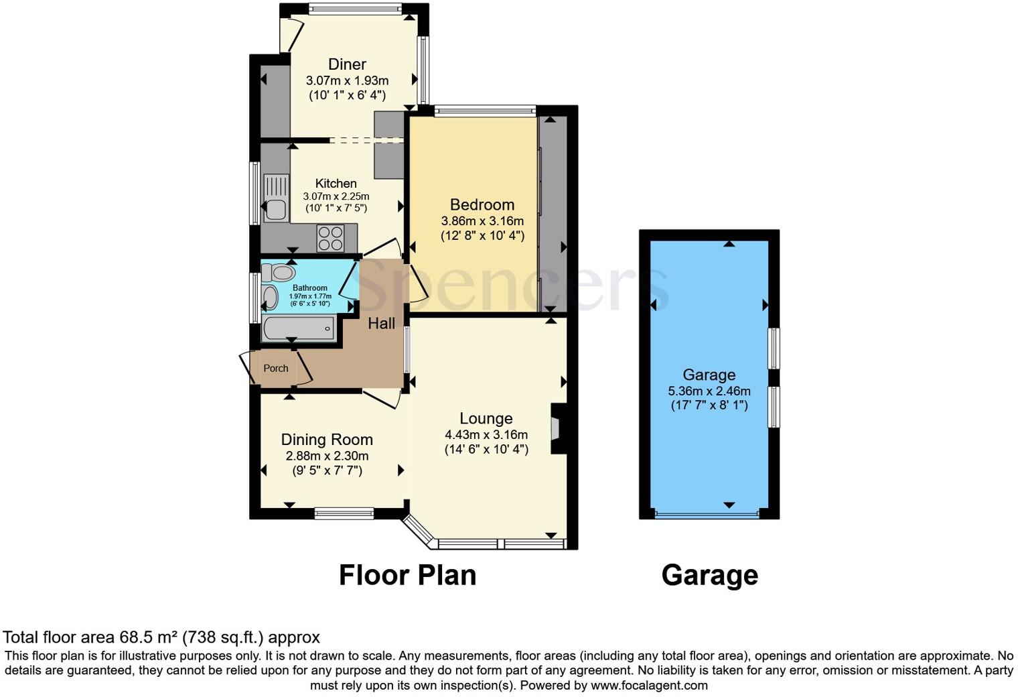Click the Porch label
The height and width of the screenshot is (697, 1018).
276,368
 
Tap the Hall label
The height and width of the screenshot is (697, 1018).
381,323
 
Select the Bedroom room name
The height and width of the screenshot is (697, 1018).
482,204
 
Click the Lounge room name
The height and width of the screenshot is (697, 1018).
486,419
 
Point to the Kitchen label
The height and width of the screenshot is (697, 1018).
336,183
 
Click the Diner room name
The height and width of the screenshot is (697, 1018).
347,64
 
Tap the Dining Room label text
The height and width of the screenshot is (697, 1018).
327,440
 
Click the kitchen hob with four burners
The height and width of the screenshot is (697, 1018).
330,238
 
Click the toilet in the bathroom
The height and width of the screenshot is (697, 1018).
279,273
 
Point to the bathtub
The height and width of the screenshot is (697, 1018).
299,328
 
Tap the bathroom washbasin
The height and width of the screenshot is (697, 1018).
270,298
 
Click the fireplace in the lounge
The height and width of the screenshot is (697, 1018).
555,429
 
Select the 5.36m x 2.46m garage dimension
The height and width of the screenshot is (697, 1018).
709,391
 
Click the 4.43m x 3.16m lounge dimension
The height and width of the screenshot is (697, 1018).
486,435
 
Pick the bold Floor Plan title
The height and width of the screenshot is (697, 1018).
407,575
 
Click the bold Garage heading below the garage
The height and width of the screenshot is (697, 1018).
709,575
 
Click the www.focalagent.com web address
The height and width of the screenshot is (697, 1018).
649,686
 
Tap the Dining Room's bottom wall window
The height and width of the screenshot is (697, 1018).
344,513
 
